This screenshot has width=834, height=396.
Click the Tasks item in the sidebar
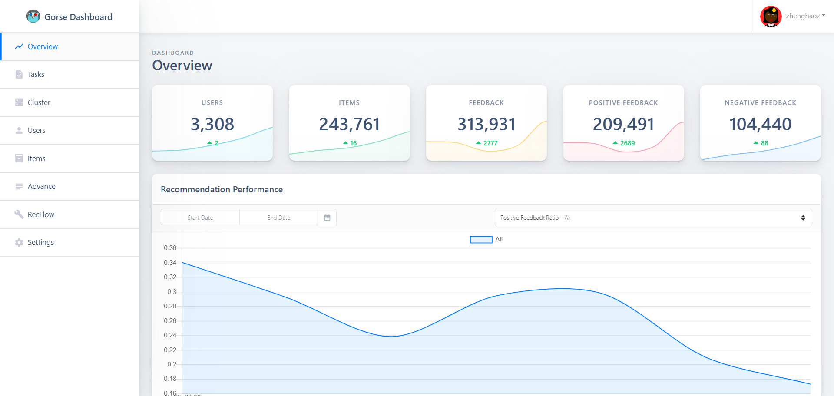click(x=36, y=75)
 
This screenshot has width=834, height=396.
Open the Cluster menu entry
click(x=39, y=102)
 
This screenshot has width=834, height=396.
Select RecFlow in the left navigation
click(x=41, y=214)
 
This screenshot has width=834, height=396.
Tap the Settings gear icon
click(x=19, y=242)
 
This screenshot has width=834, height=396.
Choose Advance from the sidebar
click(x=42, y=186)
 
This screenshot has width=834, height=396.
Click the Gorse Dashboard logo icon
click(x=33, y=16)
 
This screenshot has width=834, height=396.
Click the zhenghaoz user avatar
click(x=771, y=16)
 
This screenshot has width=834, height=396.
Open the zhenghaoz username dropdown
click(x=805, y=16)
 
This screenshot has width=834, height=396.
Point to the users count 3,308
click(x=212, y=124)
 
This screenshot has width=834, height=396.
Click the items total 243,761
click(x=349, y=124)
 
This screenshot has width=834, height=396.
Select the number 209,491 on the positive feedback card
click(x=623, y=124)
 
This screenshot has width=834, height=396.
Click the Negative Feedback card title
click(x=760, y=103)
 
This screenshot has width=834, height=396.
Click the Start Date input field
click(x=200, y=218)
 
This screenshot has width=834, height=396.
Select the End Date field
click(x=279, y=218)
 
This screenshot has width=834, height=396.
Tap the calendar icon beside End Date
click(x=327, y=218)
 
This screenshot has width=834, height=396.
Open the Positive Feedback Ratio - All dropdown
click(x=653, y=218)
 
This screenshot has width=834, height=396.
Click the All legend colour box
click(x=481, y=240)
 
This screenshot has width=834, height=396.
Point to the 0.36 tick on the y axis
click(x=170, y=248)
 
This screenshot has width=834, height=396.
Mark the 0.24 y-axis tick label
click(x=170, y=335)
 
